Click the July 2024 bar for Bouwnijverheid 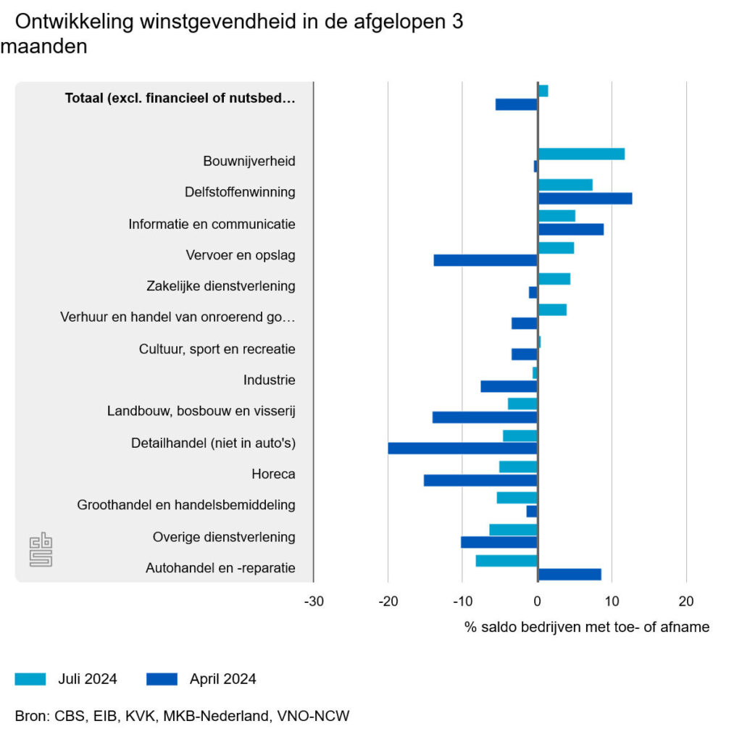pyautogui.click(x=580, y=154)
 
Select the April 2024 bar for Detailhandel pyautogui.click(x=462, y=449)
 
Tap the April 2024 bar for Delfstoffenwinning pyautogui.click(x=585, y=199)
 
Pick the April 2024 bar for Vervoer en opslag pyautogui.click(x=485, y=260)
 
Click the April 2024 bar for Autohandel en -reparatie pyautogui.click(x=570, y=575)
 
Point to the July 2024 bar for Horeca pyautogui.click(x=518, y=467)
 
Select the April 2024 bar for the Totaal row pyautogui.click(x=517, y=104)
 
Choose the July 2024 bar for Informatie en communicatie pyautogui.click(x=556, y=216)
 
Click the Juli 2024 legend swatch pyautogui.click(x=30, y=679)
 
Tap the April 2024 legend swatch pyautogui.click(x=162, y=679)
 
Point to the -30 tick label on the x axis pyautogui.click(x=313, y=601)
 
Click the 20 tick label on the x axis pyautogui.click(x=686, y=601)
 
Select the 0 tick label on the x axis pyautogui.click(x=537, y=601)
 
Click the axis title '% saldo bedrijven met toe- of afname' pyautogui.click(x=587, y=627)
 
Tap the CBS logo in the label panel pyautogui.click(x=41, y=551)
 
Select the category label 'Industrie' pyautogui.click(x=270, y=380)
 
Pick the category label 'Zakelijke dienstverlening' pyautogui.click(x=221, y=285)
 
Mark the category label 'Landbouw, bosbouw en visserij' pyautogui.click(x=201, y=411)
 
